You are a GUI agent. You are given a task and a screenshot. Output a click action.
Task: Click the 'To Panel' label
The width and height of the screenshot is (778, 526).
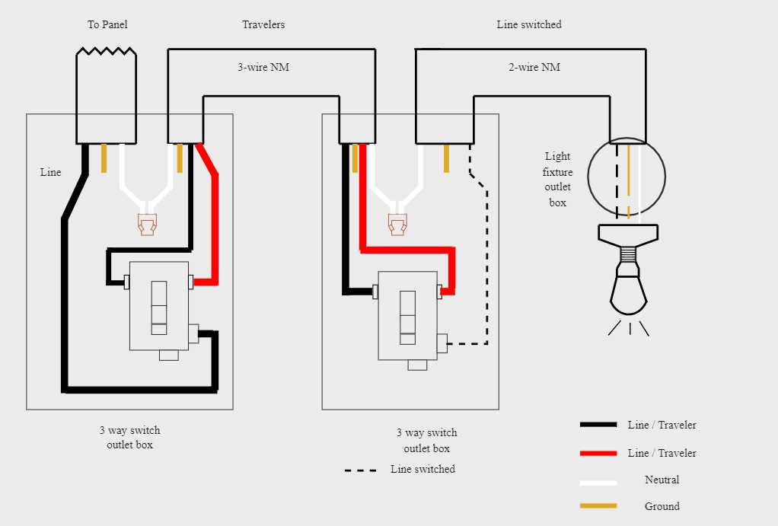click(107, 25)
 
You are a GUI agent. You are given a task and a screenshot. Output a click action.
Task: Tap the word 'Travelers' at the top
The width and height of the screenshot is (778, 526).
click(263, 25)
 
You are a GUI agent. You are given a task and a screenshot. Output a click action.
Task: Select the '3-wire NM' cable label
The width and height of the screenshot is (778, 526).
click(263, 67)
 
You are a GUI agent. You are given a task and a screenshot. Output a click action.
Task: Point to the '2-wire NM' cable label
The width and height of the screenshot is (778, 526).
click(534, 67)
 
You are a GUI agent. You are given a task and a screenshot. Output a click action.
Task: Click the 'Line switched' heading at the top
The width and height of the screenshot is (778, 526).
click(529, 25)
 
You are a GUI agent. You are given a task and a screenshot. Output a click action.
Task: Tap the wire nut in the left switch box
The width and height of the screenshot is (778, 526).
click(147, 225)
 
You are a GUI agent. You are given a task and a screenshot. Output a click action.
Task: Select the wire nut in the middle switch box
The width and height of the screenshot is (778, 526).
click(397, 224)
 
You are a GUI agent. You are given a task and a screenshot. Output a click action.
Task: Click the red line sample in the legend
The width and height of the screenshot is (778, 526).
click(598, 453)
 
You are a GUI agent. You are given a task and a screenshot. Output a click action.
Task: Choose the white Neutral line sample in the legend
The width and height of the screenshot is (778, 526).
click(598, 482)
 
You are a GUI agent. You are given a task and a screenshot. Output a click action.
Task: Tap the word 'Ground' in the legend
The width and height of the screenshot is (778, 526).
click(662, 506)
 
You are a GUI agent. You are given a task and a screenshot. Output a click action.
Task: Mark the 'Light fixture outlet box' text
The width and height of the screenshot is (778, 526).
click(557, 180)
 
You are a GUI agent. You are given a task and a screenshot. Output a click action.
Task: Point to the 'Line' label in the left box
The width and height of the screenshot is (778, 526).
click(50, 172)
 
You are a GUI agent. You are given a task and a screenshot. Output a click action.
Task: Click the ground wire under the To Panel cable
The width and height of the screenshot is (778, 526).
click(104, 158)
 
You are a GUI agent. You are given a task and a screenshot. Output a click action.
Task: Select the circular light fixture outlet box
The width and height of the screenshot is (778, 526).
click(628, 177)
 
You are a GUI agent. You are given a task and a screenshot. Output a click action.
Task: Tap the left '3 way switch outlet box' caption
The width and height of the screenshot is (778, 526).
click(129, 438)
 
